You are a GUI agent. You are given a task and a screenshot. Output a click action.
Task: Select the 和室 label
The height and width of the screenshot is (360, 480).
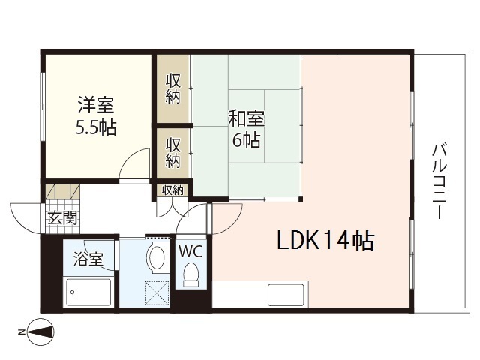pos(247,118)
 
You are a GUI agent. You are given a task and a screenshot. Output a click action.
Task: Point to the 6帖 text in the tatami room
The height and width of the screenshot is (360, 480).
pos(247,139)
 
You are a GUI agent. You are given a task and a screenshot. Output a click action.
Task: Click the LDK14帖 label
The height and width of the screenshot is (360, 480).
pos(326,241)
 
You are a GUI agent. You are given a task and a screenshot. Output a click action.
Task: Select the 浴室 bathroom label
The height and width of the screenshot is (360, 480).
pos(88,261)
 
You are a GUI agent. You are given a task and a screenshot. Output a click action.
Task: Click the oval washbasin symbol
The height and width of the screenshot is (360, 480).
pos(157,257)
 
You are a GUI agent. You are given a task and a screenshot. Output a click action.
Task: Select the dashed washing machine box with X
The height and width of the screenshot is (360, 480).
pos(158,292)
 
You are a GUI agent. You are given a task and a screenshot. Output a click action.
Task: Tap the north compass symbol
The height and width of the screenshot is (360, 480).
pos(42,331)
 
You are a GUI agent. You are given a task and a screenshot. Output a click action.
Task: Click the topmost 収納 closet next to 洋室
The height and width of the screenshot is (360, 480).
pos(172,88)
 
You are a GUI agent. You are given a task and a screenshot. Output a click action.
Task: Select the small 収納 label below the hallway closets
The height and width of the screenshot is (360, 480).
pos(172,190)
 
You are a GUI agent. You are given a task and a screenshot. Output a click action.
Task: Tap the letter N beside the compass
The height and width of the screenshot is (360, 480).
pos(21,331)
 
